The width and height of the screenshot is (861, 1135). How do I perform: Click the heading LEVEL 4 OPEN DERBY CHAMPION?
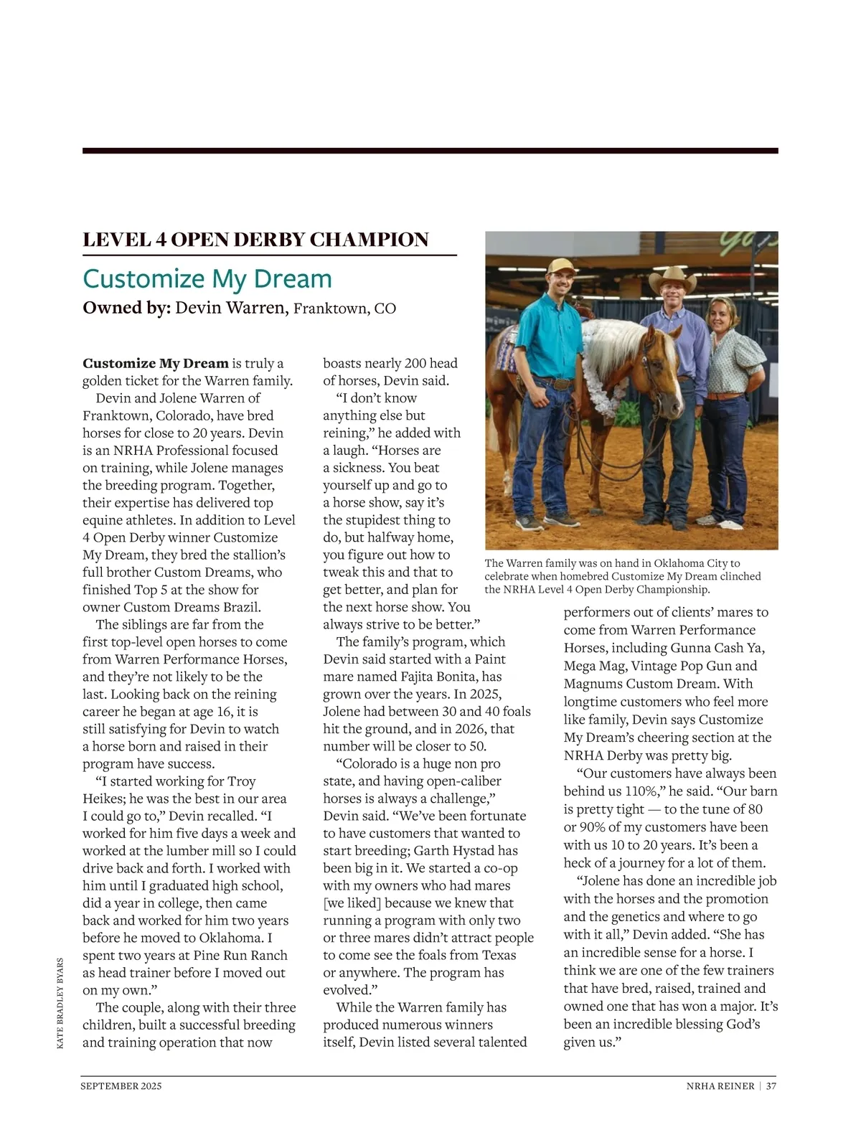[255, 240]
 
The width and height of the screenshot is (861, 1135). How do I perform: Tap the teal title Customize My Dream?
[207, 278]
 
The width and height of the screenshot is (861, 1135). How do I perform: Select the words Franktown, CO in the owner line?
[344, 309]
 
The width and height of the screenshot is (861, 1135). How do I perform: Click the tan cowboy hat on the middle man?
[672, 278]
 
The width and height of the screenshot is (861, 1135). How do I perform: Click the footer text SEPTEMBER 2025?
[121, 1086]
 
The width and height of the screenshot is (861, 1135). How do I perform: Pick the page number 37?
[771, 1086]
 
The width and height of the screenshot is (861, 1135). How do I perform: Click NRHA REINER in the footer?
[720, 1086]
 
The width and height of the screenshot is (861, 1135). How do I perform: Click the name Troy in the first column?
[241, 781]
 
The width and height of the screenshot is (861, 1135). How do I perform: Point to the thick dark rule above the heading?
[430, 151]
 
